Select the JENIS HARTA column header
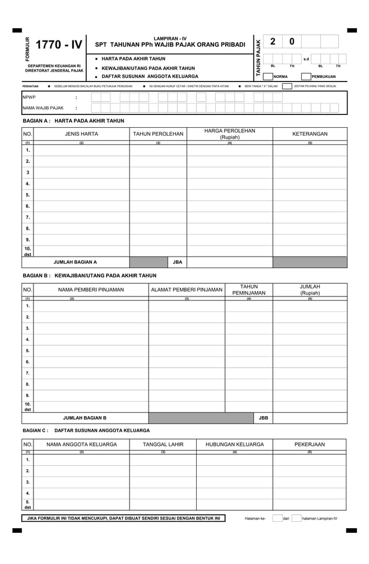(x=82, y=134)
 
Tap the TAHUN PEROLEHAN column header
(x=158, y=134)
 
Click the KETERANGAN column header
(x=309, y=134)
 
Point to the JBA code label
(x=178, y=262)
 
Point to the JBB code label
(x=263, y=417)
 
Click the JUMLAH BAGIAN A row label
(x=75, y=262)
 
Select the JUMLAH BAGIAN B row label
(x=84, y=417)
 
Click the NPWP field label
(x=29, y=97)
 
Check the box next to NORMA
(x=268, y=76)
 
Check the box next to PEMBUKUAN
(x=306, y=76)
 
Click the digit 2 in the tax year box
(x=273, y=42)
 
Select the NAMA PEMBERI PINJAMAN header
(x=90, y=290)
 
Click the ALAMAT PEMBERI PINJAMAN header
(x=186, y=290)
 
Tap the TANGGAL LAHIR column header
(x=163, y=444)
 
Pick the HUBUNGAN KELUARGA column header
(x=234, y=444)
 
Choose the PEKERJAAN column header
(x=309, y=444)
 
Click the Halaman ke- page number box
(x=277, y=518)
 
